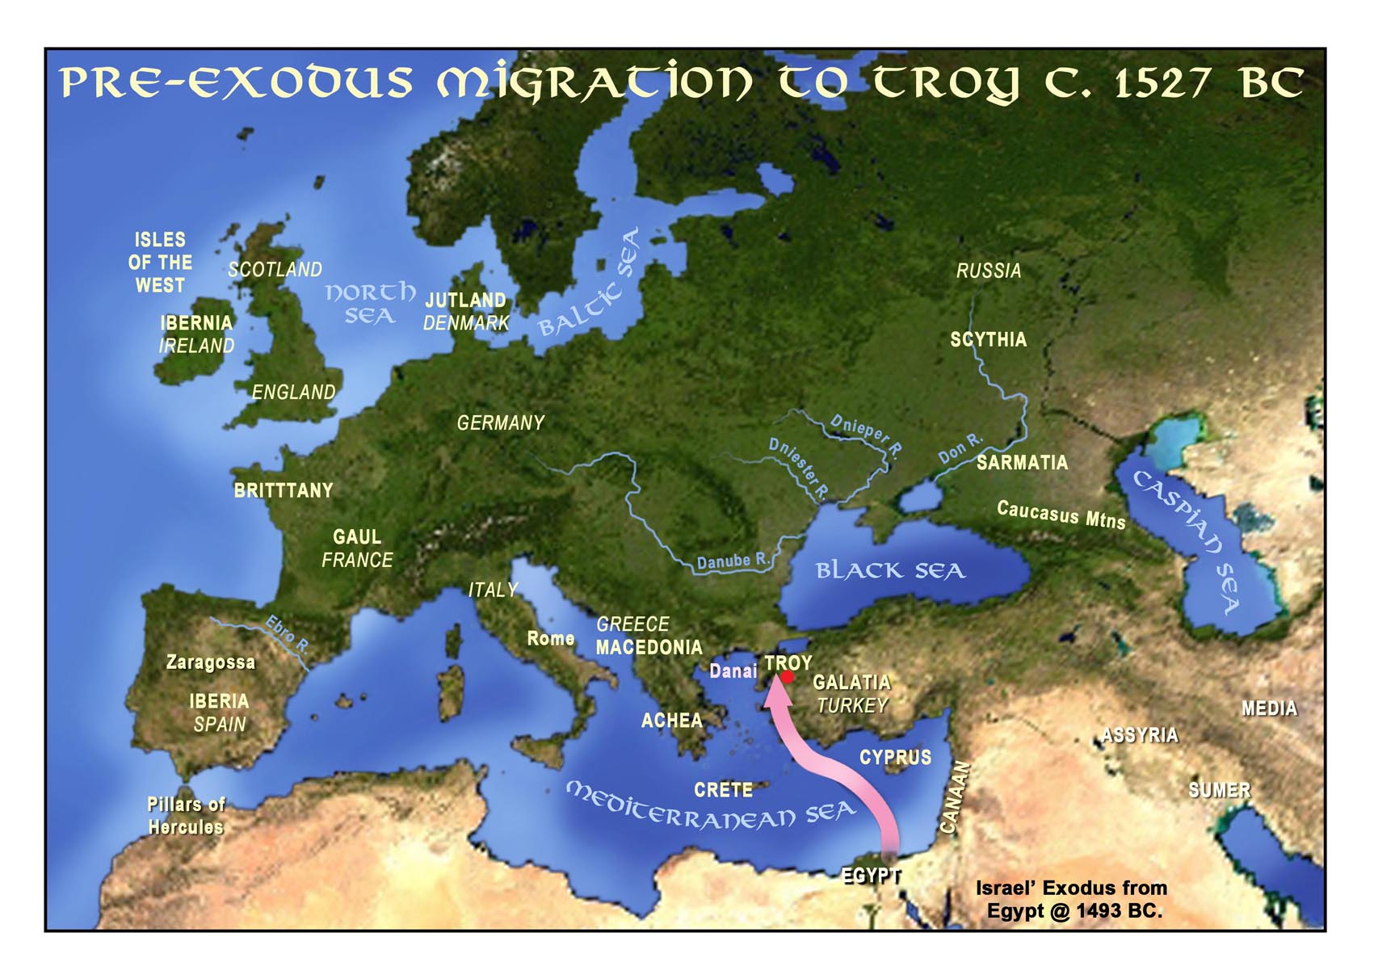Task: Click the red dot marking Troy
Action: coord(788,677)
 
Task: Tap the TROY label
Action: coord(788,662)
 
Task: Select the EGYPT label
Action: coord(872,875)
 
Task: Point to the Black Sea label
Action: coord(890,570)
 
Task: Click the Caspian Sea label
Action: coord(1187,540)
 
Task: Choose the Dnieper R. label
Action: coord(866,435)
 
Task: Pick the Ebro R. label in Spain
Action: coord(288,633)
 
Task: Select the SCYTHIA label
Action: coord(988,339)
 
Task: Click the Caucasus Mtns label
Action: coord(1061,515)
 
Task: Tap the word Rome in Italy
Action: coord(550,638)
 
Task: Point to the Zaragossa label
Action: coord(211,662)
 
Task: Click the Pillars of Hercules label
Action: coord(186,816)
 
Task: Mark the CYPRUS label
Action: coord(895,757)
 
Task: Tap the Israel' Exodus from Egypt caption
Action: coord(1071,899)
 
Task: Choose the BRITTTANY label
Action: coord(284,490)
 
